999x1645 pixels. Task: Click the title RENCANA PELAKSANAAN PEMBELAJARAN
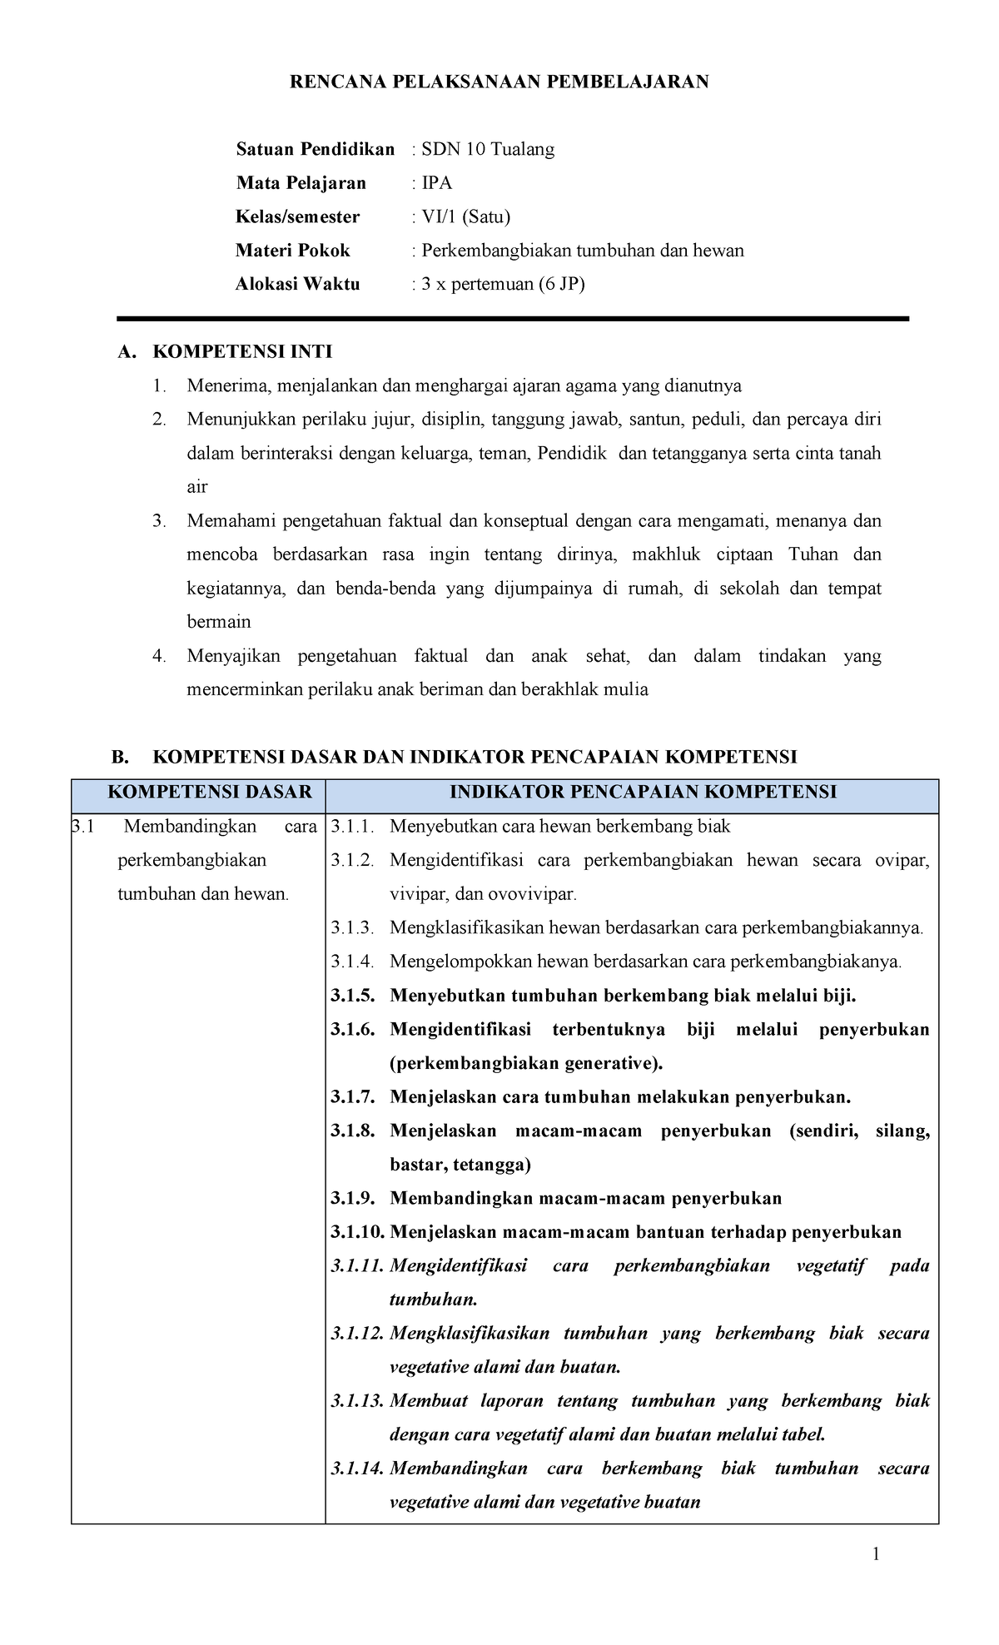click(499, 82)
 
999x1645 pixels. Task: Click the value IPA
click(436, 183)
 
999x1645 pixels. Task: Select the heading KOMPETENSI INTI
click(242, 352)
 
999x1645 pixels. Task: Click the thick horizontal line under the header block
click(512, 319)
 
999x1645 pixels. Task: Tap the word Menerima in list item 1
click(221, 386)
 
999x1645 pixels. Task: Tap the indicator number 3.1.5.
click(353, 996)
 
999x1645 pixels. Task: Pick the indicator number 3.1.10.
click(357, 1233)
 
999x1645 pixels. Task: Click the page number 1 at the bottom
click(876, 1554)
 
